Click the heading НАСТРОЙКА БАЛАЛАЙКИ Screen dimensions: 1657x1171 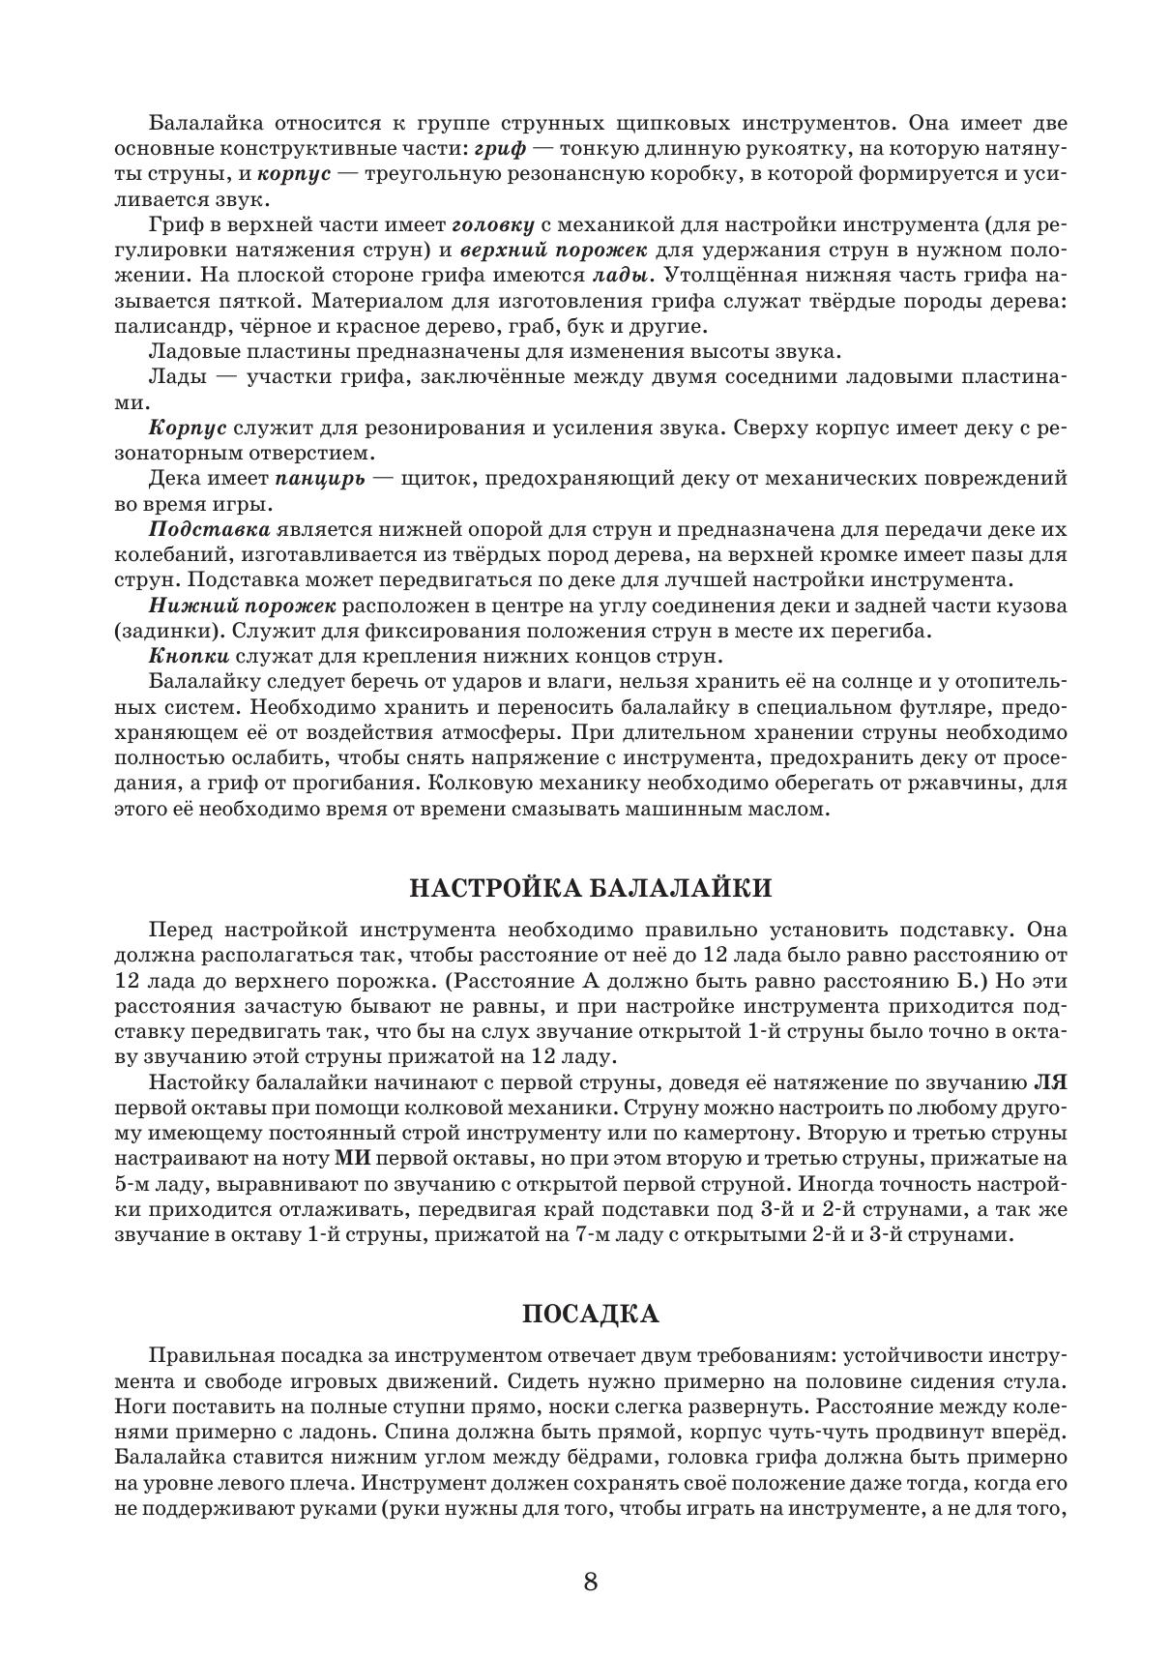pyautogui.click(x=590, y=888)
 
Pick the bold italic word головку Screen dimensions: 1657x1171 pyautogui.click(x=493, y=225)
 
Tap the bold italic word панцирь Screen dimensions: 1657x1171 pyautogui.click(x=319, y=478)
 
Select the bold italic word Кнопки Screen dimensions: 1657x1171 pyautogui.click(x=186, y=657)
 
